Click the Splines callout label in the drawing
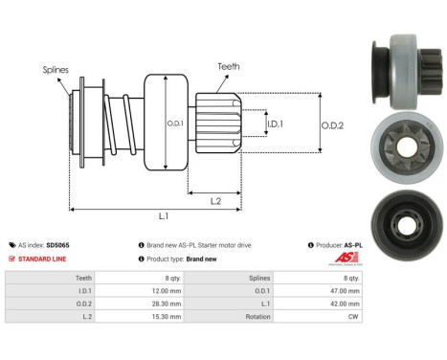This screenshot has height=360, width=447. (55, 70)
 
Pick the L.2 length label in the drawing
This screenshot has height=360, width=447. (216, 199)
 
